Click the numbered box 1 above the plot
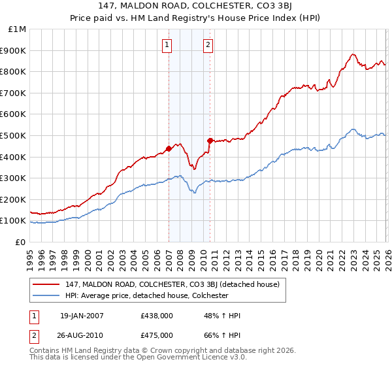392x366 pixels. tap(167, 45)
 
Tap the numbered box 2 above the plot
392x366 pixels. tap(208, 45)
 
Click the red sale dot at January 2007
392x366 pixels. tap(169, 148)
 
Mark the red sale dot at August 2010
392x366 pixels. tap(210, 141)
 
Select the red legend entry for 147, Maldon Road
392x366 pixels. tap(172, 284)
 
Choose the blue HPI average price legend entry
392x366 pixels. tap(146, 295)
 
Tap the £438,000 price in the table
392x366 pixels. tap(157, 316)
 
